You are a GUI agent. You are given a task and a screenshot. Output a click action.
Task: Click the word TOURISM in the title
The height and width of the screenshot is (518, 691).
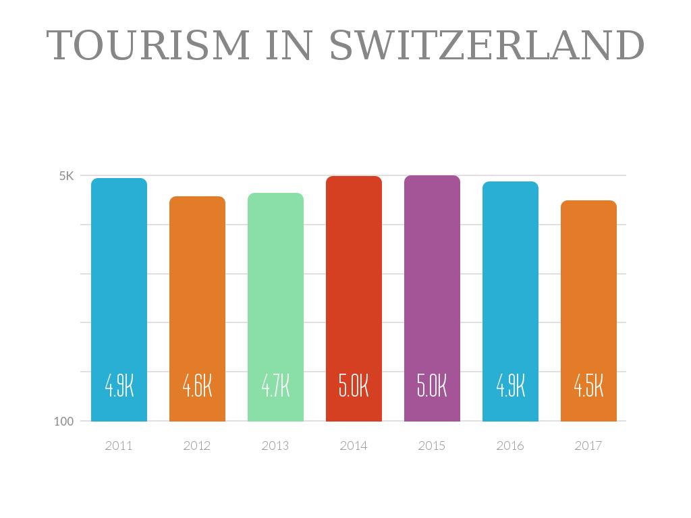148,46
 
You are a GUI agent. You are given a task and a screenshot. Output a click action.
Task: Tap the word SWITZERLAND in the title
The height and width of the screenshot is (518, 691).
487,46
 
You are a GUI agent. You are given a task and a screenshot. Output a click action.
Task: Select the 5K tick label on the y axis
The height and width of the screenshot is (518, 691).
66,176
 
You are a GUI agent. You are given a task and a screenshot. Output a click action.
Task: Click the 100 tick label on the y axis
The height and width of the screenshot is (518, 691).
63,422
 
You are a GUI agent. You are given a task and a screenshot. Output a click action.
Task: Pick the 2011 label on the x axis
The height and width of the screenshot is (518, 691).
119,446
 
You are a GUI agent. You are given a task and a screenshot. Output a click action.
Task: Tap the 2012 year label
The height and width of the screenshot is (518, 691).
197,446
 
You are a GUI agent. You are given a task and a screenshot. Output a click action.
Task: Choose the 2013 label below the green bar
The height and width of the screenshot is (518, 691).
275,446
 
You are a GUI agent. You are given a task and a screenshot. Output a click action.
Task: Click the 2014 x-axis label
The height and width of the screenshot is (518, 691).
354,446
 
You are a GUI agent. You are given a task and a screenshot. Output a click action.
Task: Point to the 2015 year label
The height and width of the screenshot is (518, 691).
432,446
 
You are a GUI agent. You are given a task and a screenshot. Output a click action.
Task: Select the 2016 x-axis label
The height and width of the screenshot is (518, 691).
510,446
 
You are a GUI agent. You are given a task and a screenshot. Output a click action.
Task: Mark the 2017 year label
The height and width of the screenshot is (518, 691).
588,446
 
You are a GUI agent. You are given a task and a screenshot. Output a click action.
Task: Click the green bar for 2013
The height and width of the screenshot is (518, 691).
275,283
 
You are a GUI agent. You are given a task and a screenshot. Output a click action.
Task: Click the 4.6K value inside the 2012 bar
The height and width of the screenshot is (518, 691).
197,386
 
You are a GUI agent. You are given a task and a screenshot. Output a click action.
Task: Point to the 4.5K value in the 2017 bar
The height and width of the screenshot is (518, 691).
588,386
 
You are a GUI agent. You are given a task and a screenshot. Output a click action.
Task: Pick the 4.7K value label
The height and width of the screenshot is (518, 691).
275,386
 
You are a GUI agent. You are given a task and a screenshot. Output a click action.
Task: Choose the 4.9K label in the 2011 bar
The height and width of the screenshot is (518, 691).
119,386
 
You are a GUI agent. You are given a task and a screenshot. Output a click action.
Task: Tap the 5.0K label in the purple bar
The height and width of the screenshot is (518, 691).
432,386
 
